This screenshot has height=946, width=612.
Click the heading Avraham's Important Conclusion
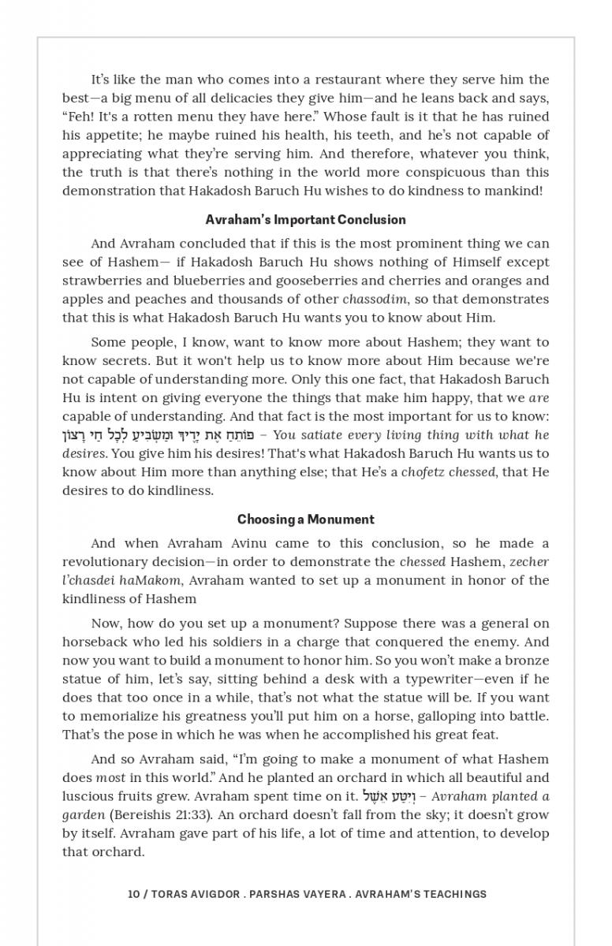point(305,220)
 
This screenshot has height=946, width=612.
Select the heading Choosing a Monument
point(305,520)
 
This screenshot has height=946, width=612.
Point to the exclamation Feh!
point(78,117)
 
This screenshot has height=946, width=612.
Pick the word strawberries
point(100,281)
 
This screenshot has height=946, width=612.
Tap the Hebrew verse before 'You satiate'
point(162,435)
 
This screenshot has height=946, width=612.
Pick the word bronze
point(524,661)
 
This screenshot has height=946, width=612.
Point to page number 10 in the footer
point(133,895)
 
